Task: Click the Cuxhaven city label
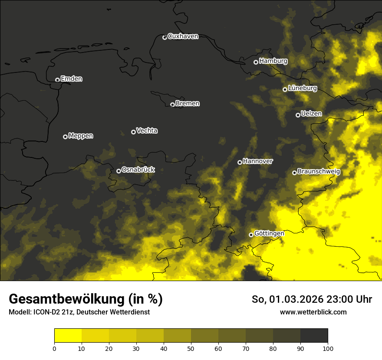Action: click(183, 36)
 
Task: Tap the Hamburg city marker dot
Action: click(256, 62)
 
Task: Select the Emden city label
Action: click(71, 79)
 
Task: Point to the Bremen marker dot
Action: click(172, 105)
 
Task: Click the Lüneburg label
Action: click(302, 88)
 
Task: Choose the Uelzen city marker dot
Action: click(298, 115)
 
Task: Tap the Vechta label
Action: click(147, 131)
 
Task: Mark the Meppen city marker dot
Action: click(65, 137)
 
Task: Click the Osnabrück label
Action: click(138, 170)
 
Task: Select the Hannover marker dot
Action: click(240, 162)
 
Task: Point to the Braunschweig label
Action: click(319, 172)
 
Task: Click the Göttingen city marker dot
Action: click(251, 235)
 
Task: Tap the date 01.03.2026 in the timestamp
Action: click(294, 299)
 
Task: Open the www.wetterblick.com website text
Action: click(313, 312)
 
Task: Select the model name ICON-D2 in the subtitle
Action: click(46, 312)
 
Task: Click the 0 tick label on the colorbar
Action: click(54, 348)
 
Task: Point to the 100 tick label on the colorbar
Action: click(328, 348)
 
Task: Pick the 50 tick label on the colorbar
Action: click(191, 348)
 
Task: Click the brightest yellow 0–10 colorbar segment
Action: click(68, 336)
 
